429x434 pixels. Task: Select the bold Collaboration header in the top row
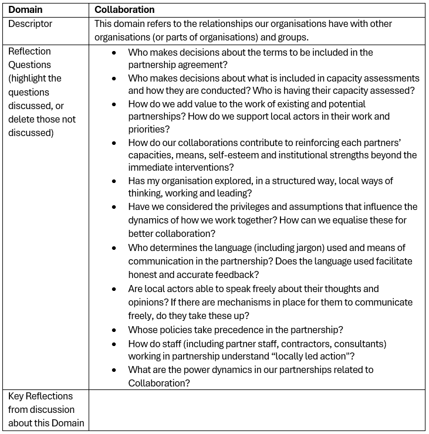pos(124,10)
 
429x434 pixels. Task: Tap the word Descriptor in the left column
pos(30,24)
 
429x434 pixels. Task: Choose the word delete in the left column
pos(22,119)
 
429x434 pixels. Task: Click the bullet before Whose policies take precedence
pos(114,330)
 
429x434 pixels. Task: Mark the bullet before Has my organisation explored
pos(114,181)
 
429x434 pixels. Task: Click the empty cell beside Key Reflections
pos(256,409)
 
